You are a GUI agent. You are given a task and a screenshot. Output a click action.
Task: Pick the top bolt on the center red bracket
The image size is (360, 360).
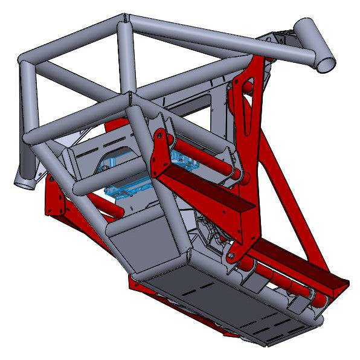[x=158, y=136]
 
